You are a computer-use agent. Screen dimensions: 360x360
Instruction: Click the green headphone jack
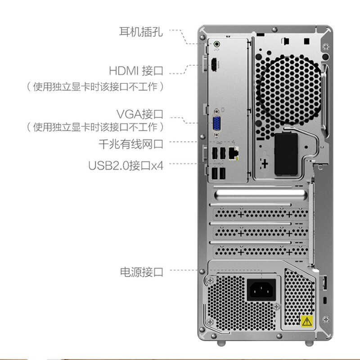(x=216, y=43)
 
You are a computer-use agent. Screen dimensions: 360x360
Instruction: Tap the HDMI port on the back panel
(x=214, y=64)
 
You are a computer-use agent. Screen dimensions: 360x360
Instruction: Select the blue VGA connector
(x=216, y=123)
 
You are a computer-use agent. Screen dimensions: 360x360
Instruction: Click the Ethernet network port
(x=234, y=153)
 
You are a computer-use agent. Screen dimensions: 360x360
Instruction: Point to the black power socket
(x=261, y=290)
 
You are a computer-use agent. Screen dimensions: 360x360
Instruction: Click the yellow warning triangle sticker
(x=307, y=321)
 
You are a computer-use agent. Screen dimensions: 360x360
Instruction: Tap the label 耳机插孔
(x=141, y=31)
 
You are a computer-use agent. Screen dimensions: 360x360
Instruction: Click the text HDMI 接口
(x=136, y=71)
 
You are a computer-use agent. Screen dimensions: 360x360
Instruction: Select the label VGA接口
(x=140, y=114)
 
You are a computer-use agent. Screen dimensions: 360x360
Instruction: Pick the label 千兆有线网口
(x=130, y=144)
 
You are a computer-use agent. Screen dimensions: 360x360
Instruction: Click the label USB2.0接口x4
(x=126, y=166)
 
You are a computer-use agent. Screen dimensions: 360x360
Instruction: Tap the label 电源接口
(x=141, y=272)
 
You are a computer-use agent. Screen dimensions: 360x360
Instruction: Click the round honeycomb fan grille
(x=288, y=90)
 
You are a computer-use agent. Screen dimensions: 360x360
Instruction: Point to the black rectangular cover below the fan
(x=286, y=154)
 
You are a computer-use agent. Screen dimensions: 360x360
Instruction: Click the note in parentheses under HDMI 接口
(x=95, y=86)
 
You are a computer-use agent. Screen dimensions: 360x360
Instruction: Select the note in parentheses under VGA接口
(x=95, y=127)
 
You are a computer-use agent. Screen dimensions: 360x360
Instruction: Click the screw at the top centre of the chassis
(x=274, y=29)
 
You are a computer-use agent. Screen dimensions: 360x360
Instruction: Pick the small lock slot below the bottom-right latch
(x=324, y=300)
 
